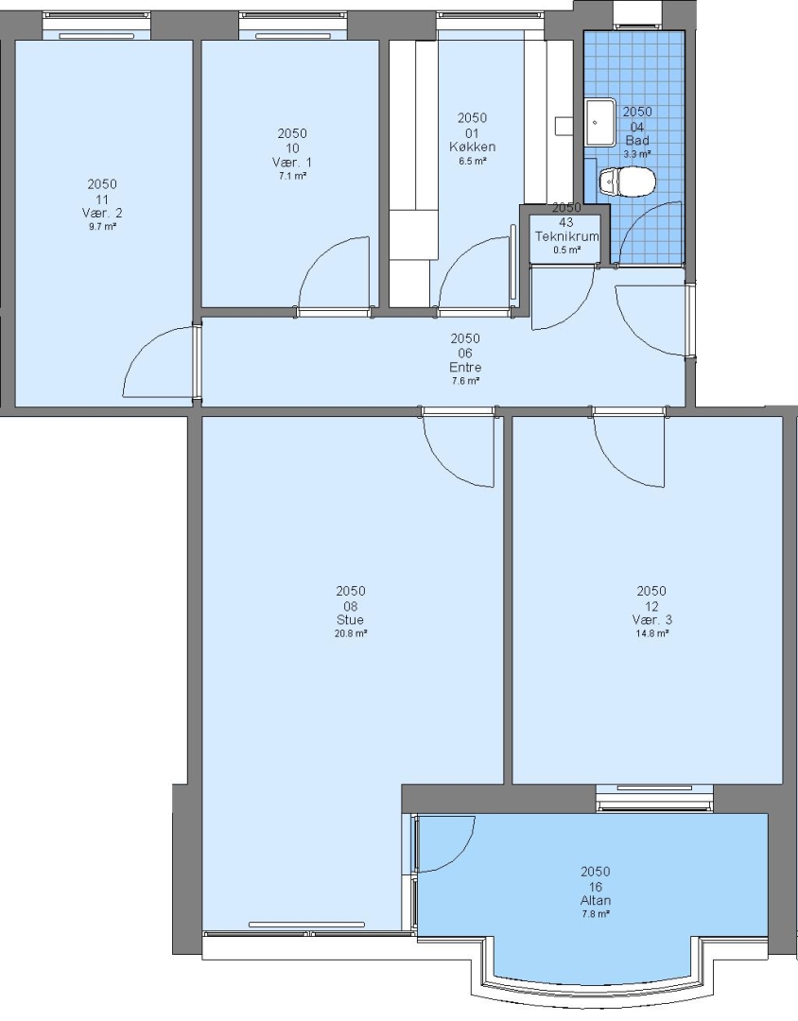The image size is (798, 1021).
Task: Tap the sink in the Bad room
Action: (600, 122)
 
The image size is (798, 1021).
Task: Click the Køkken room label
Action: (473, 147)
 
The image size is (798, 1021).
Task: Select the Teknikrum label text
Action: (566, 236)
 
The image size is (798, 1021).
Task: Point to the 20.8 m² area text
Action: (351, 633)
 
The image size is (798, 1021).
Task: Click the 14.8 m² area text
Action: (651, 633)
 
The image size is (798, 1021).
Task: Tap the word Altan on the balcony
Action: (596, 901)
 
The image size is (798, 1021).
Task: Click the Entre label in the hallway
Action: (465, 367)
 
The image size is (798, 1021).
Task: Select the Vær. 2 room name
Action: (102, 213)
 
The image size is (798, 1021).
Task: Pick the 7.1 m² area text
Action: (292, 176)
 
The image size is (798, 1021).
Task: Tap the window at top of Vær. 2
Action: (96, 26)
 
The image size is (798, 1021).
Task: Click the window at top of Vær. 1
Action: (293, 26)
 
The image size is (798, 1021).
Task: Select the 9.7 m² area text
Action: (102, 227)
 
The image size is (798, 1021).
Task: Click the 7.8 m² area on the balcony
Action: (596, 914)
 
